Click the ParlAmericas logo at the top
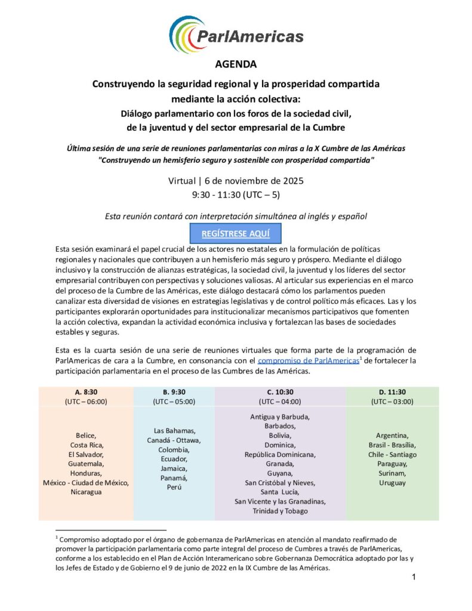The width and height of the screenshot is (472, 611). [x=236, y=35]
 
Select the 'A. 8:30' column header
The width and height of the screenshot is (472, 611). [x=86, y=392]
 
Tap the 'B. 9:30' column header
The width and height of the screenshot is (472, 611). [x=174, y=392]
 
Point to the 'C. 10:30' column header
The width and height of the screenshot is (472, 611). [x=280, y=392]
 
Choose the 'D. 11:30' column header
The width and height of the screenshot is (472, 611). [x=391, y=392]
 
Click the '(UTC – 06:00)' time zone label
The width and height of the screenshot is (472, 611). [x=86, y=402]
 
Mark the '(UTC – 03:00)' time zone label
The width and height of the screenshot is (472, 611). [x=391, y=402]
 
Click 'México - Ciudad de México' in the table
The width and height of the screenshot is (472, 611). [x=86, y=483]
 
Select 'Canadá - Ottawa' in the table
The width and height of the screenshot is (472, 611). [x=174, y=440]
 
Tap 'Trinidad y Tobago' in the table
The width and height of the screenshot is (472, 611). [x=280, y=511]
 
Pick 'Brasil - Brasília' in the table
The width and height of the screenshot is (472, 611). [x=392, y=445]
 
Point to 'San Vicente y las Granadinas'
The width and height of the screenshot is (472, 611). [x=280, y=501]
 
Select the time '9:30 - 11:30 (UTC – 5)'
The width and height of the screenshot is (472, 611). [x=236, y=195]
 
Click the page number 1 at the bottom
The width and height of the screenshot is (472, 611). [x=413, y=577]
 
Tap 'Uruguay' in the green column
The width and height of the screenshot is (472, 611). [x=392, y=482]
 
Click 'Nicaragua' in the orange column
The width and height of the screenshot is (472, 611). [x=86, y=492]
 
